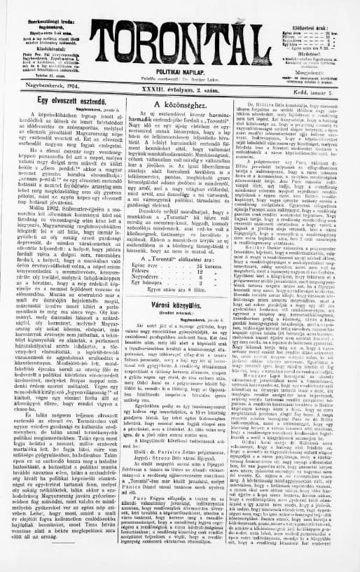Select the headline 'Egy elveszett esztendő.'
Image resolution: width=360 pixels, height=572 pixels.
tap(65, 102)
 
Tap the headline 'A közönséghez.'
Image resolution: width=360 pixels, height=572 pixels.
tap(181, 102)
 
